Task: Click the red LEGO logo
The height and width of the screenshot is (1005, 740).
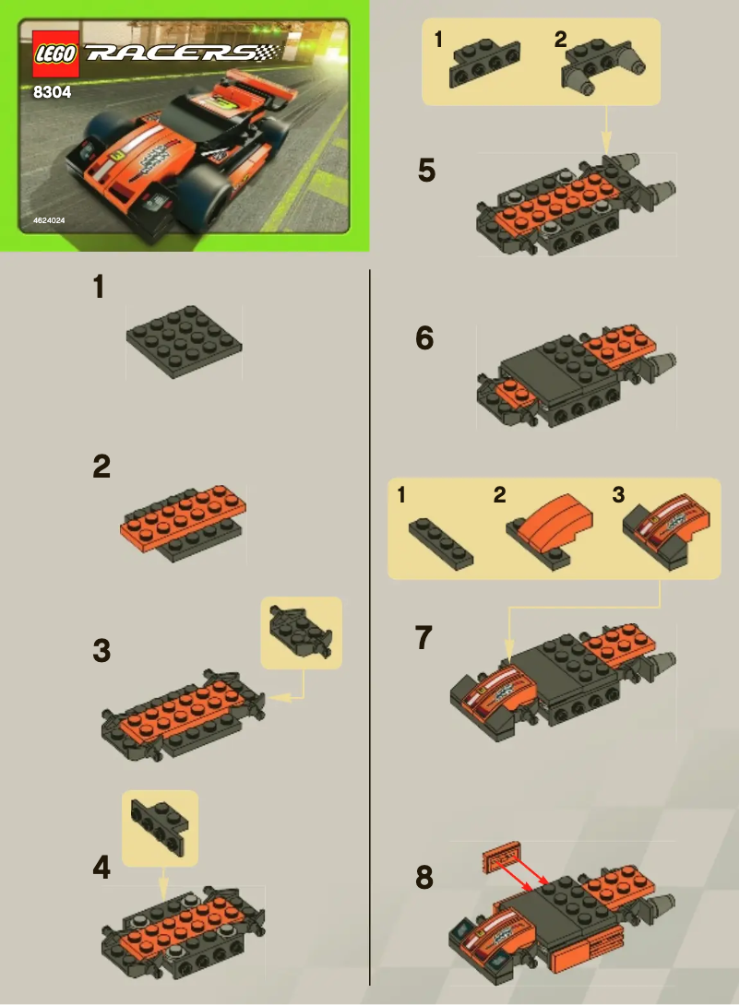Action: click(x=54, y=53)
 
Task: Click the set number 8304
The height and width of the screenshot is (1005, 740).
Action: click(x=52, y=91)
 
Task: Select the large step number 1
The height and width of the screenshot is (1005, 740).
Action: click(x=99, y=288)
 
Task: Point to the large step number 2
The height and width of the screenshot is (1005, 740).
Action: click(x=101, y=467)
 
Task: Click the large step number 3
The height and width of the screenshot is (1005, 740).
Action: click(x=101, y=651)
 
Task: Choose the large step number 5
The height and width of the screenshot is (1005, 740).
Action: click(x=425, y=171)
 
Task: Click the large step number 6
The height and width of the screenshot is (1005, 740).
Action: click(x=424, y=338)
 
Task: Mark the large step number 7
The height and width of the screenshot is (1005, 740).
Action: click(x=424, y=637)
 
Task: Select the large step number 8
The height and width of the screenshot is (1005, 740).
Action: click(x=424, y=878)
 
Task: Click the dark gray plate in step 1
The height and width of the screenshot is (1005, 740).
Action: click(x=185, y=341)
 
